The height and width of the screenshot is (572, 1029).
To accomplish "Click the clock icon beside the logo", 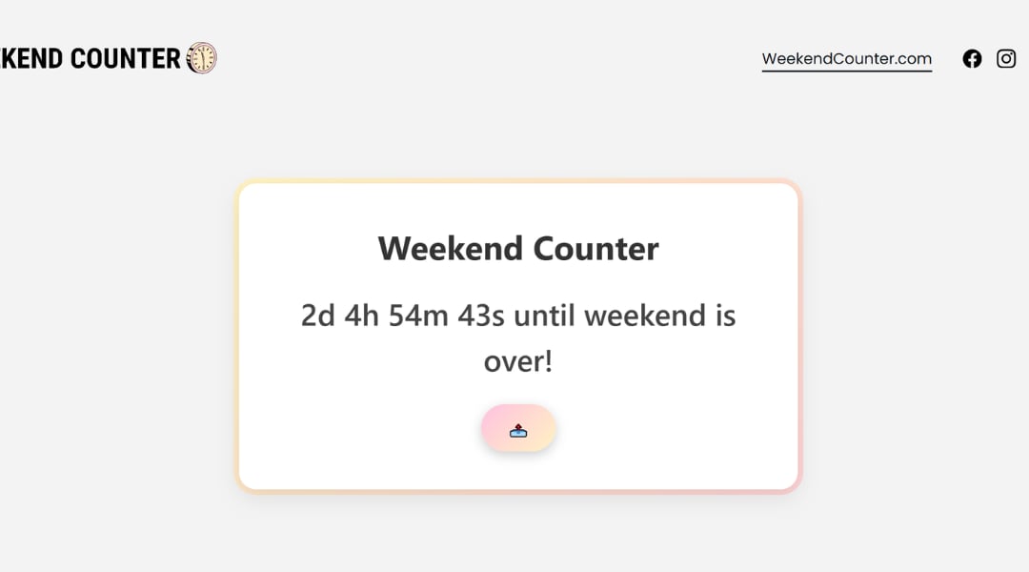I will click(x=202, y=58).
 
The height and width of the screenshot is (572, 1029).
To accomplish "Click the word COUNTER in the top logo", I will click(x=125, y=58).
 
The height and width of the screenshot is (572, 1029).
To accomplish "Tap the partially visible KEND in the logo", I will click(x=31, y=58).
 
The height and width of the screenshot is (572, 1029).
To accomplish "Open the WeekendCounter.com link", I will click(x=846, y=58).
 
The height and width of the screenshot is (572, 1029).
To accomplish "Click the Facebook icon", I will click(x=972, y=58).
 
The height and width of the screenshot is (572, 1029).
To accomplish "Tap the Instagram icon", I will click(x=1006, y=58).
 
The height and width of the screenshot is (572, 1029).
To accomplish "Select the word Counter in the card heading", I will click(x=595, y=249).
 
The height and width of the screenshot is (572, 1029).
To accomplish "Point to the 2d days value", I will click(x=318, y=316).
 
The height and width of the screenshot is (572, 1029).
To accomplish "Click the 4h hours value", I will click(x=362, y=316).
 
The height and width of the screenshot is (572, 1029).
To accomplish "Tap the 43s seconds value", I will click(x=481, y=316).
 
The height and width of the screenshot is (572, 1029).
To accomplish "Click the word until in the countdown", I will click(x=545, y=316).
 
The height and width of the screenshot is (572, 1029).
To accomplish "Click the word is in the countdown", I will click(x=725, y=316).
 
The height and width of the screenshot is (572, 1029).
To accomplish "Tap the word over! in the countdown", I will click(x=518, y=362).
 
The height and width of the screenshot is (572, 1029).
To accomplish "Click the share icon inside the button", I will click(x=518, y=430).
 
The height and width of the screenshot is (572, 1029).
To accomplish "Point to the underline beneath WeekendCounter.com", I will click(x=846, y=71).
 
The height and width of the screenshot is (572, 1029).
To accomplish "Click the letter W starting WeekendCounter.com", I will click(x=770, y=58).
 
